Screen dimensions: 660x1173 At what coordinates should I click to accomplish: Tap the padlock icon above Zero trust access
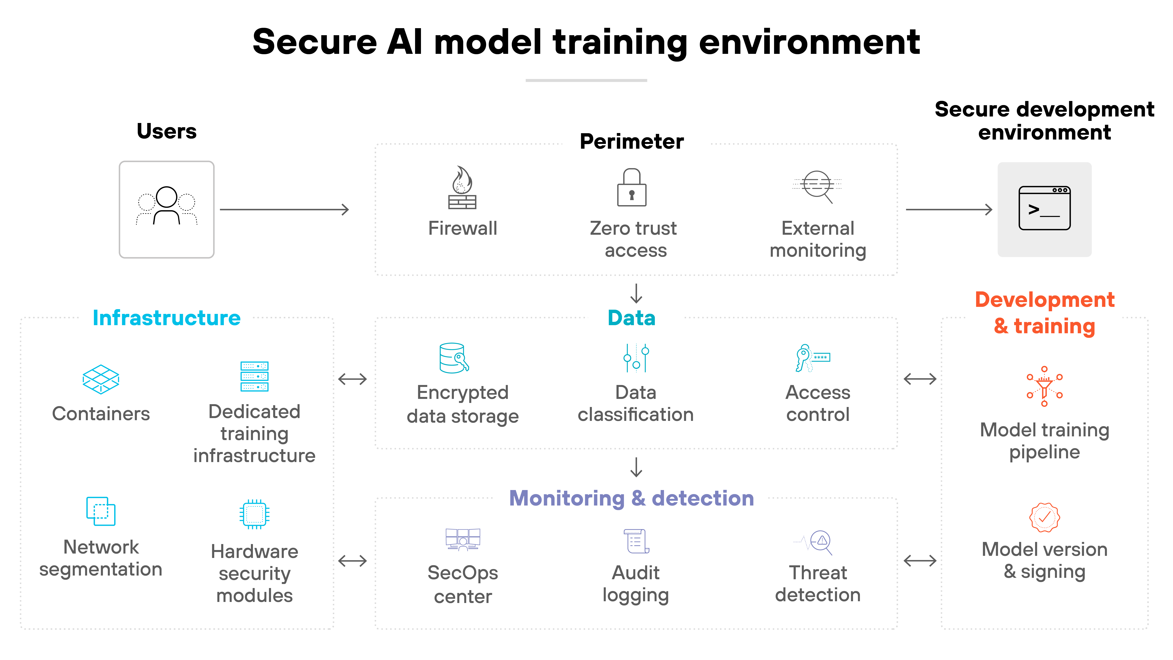(632, 188)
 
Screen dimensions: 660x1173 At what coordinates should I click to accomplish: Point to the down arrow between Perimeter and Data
(636, 294)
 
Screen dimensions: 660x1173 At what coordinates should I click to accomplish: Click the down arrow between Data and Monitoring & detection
(636, 467)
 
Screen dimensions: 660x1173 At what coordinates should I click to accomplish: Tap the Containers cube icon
(101, 379)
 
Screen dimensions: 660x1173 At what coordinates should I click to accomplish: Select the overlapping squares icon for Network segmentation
(101, 511)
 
